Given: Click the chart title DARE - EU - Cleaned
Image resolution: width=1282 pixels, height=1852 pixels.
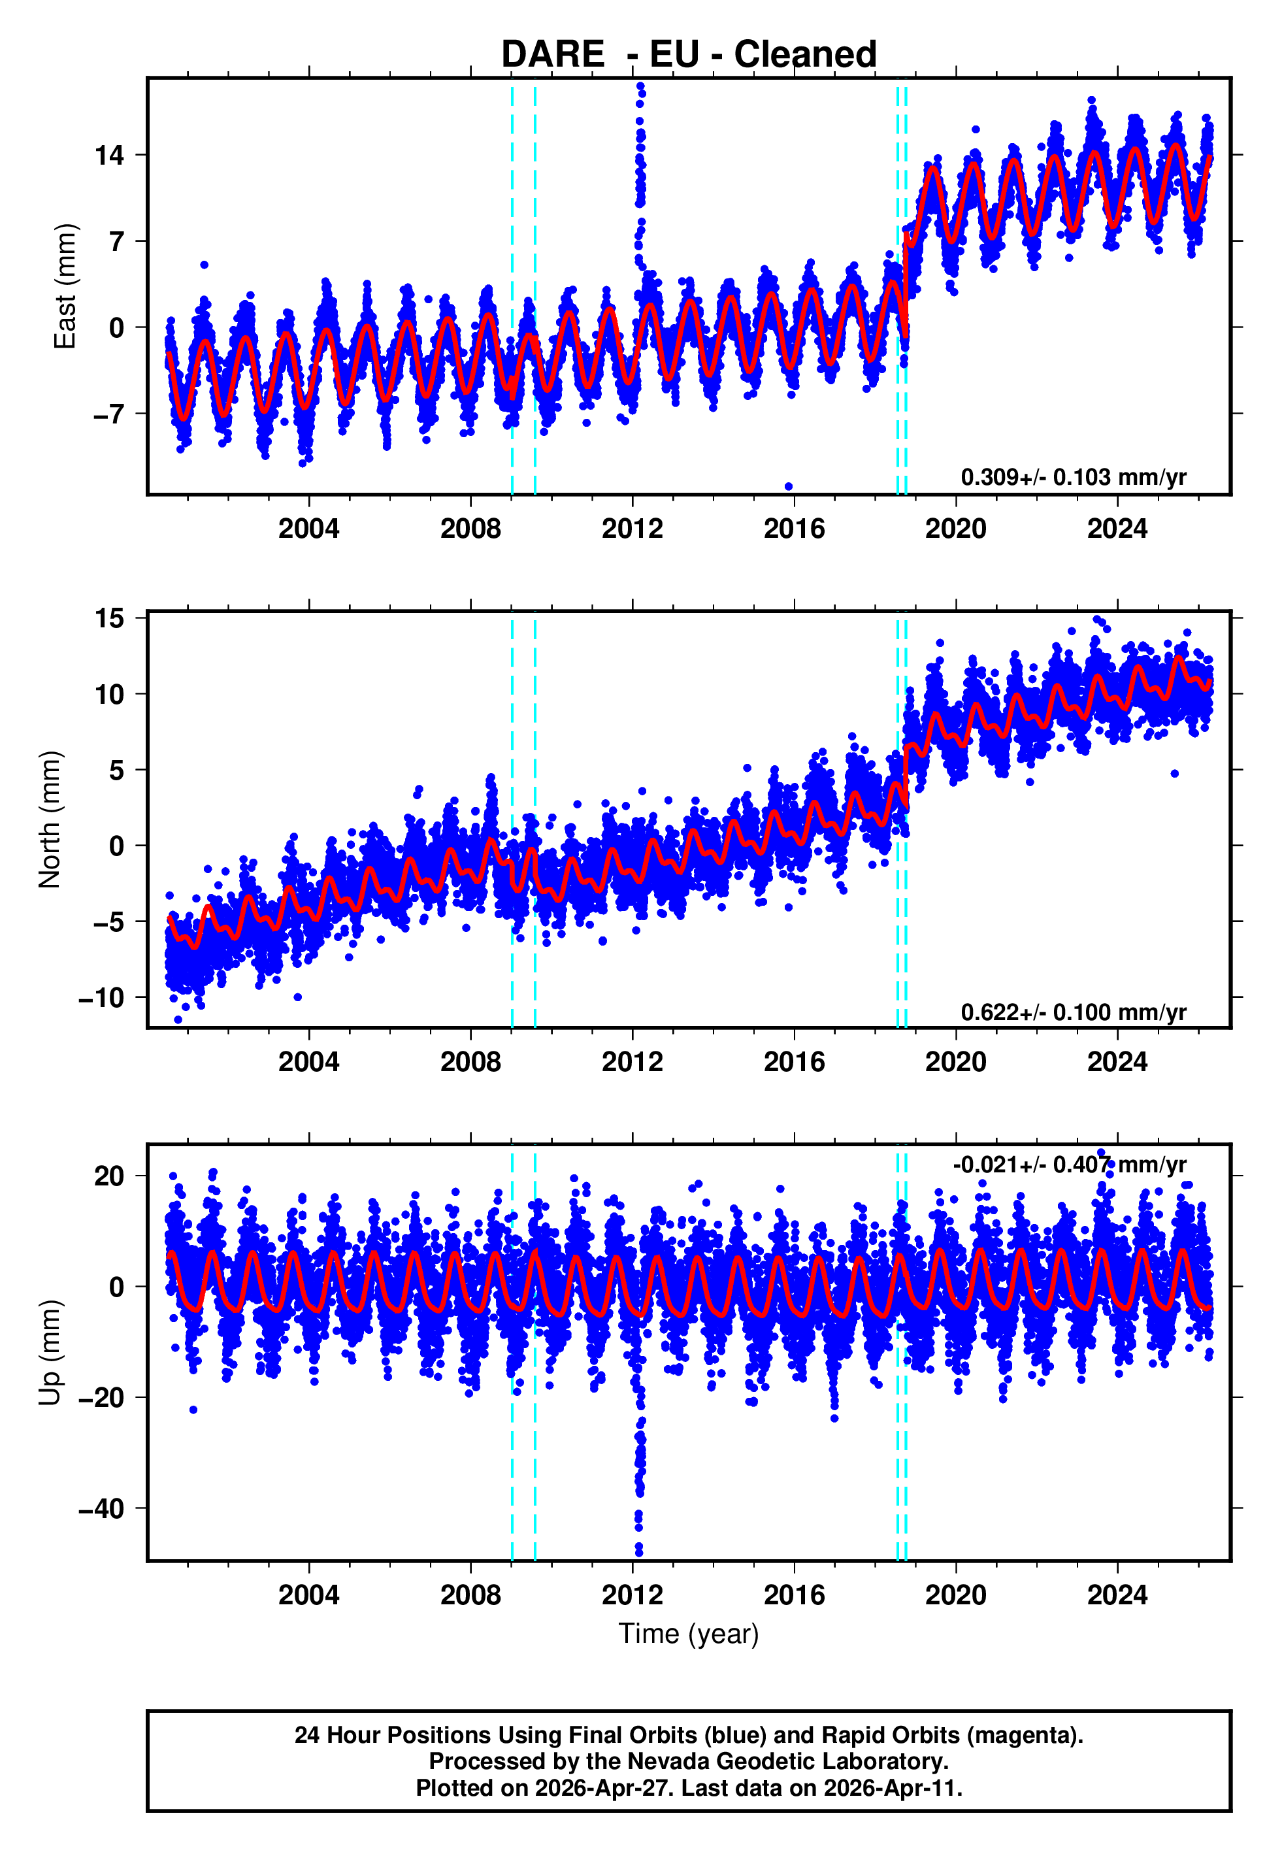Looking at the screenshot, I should coord(689,55).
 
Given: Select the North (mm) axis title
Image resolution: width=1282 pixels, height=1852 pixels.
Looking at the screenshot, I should coord(50,819).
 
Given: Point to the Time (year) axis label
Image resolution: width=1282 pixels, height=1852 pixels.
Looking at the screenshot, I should coord(689,1634).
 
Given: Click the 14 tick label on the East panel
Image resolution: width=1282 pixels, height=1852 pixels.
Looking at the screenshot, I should coord(109,155).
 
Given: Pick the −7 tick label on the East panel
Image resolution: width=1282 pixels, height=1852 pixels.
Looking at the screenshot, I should coord(108,414).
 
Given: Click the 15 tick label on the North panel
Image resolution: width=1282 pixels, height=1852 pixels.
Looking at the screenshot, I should coord(109,618).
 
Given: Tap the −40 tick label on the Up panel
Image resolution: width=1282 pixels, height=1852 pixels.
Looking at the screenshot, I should coord(101,1508).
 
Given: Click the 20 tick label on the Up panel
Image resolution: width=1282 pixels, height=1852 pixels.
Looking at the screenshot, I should coord(109,1176).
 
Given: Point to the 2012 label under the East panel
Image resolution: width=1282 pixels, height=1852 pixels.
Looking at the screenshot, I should coord(632,529).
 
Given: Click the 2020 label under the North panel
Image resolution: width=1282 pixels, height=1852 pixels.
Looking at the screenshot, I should coord(955,1063).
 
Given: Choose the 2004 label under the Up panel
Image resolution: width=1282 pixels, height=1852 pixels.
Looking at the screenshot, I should coord(308,1595).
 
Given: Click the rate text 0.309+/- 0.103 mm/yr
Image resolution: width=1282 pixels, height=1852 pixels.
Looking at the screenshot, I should coord(1073,478).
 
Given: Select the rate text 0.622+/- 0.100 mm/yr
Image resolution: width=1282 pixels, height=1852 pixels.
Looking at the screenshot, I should coord(1073,1013).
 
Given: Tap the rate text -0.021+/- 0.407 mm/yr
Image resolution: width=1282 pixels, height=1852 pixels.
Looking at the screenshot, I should coord(1069,1165).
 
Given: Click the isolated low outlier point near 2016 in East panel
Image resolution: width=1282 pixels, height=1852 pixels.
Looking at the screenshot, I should coord(788,487).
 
